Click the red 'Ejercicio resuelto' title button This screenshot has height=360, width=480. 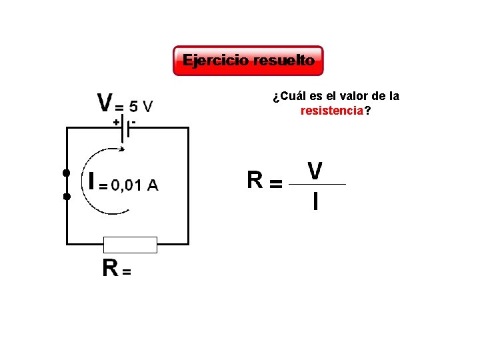(248, 61)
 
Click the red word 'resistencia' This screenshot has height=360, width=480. (332, 111)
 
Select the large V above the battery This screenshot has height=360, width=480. (105, 103)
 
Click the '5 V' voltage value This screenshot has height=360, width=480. (141, 105)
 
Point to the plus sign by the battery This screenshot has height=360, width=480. (116, 123)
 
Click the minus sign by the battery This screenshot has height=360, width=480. (134, 122)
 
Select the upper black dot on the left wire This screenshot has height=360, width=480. (66, 173)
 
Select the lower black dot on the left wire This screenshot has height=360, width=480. (66, 197)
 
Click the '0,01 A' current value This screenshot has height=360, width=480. (135, 185)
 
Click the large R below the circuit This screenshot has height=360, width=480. (110, 268)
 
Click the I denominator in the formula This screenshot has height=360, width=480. (315, 201)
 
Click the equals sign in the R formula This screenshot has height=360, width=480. (275, 183)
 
